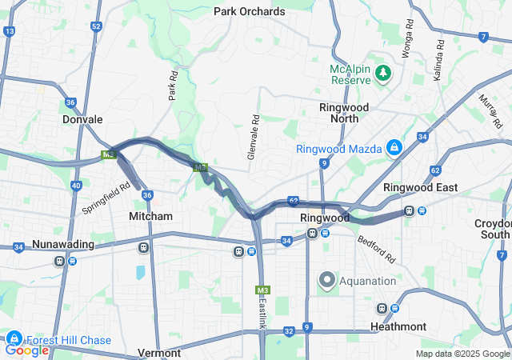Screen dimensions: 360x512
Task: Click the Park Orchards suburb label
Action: click(249, 11)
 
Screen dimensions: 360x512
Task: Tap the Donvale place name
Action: click(82, 119)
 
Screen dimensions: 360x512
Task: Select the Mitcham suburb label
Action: click(150, 216)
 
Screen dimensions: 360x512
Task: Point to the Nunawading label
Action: click(63, 244)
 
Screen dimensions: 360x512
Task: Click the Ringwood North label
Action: click(343, 112)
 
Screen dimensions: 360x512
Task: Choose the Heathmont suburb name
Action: click(398, 326)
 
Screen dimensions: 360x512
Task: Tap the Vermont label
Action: click(160, 353)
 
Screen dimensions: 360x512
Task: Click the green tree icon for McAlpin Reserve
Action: click(384, 74)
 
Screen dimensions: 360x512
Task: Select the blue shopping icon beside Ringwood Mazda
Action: click(394, 148)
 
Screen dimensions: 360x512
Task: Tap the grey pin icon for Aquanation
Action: click(327, 280)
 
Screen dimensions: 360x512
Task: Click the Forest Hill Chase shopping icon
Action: click(14, 340)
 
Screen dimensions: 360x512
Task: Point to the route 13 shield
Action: click(10, 31)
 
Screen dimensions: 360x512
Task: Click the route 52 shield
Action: click(96, 26)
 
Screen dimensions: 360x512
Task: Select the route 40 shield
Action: click(76, 186)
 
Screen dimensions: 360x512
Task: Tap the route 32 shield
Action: click(288, 330)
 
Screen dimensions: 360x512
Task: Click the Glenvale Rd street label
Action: click(254, 135)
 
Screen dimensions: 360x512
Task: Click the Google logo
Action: click(26, 350)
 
